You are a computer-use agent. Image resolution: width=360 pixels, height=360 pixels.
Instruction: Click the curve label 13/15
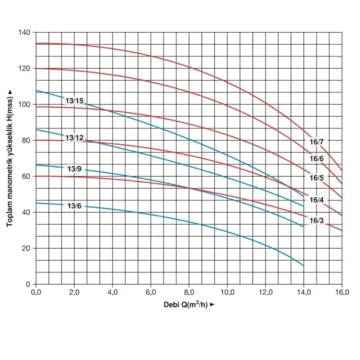pyautogui.click(x=74, y=101)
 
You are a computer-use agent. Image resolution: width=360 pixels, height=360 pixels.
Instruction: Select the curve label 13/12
pyautogui.click(x=74, y=137)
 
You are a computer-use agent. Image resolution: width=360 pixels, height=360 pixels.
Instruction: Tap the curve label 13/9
pyautogui.click(x=74, y=169)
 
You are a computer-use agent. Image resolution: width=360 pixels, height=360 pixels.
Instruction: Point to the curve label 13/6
pyautogui.click(x=74, y=206)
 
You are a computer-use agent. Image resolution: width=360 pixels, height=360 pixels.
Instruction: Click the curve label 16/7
pyautogui.click(x=316, y=142)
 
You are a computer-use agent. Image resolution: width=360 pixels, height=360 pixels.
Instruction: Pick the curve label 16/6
pyautogui.click(x=316, y=159)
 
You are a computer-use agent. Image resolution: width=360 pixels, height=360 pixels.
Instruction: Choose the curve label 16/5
pyautogui.click(x=316, y=178)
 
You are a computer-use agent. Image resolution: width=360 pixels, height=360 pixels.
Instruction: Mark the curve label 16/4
pyautogui.click(x=316, y=200)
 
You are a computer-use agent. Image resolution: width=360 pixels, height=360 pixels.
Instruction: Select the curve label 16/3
pyautogui.click(x=316, y=220)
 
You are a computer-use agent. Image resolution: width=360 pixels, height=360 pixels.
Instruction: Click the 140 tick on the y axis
pyautogui.click(x=24, y=32)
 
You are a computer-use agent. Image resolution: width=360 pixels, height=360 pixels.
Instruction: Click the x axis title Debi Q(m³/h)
pyautogui.click(x=188, y=305)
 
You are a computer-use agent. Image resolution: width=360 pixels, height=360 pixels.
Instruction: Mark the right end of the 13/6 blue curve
pyautogui.click(x=304, y=266)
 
